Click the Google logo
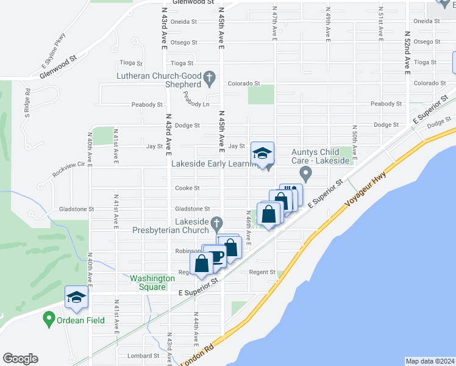[20, 359]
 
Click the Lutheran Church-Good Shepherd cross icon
[210, 77]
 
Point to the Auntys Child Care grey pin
[307, 176]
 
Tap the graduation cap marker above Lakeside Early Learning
[262, 153]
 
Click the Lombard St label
[143, 356]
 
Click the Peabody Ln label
[194, 99]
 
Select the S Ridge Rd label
[27, 102]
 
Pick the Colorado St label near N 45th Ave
[244, 84]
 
